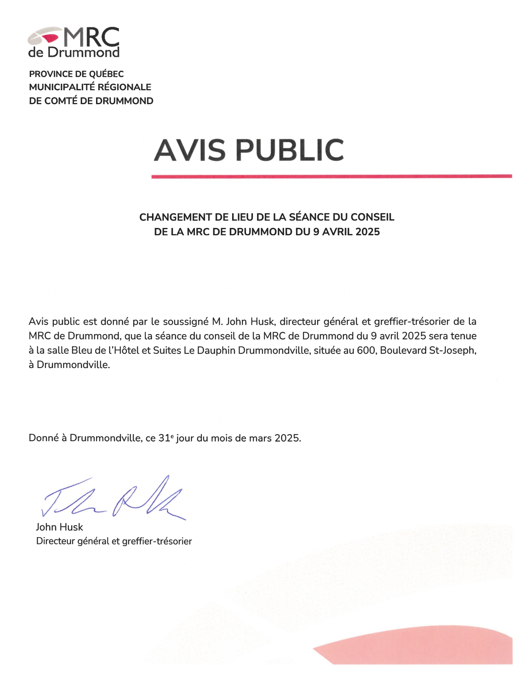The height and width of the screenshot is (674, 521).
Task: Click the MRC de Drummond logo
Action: pyautogui.click(x=74, y=42)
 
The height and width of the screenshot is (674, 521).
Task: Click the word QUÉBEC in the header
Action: pyautogui.click(x=106, y=74)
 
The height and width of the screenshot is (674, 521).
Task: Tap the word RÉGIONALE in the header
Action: pyautogui.click(x=124, y=87)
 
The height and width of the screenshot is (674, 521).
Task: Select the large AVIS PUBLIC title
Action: pyautogui.click(x=249, y=150)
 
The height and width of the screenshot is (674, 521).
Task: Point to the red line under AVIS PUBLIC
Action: pyautogui.click(x=331, y=176)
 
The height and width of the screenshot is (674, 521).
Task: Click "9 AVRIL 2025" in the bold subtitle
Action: pyautogui.click(x=347, y=232)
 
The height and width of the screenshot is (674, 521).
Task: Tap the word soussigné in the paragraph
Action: pyautogui.click(x=186, y=321)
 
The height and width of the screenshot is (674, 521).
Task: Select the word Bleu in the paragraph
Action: pyautogui.click(x=82, y=350)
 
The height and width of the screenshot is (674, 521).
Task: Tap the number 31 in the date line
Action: pyautogui.click(x=164, y=438)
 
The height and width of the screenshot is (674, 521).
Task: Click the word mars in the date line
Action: pyautogui.click(x=260, y=438)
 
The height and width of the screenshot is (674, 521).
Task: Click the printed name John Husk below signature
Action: pyautogui.click(x=59, y=527)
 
